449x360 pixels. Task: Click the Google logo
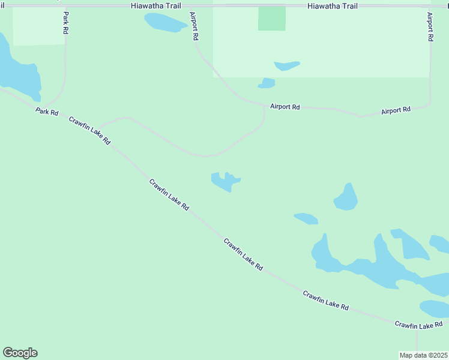pos(20,353)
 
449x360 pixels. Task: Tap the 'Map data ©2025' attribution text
pos(424,355)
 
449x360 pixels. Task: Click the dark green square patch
pos(272,19)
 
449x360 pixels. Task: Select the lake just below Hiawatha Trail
pos(166,22)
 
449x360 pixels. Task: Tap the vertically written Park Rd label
pos(65,23)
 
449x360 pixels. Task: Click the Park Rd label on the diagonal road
pos(47,112)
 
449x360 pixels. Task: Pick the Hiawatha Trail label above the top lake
pos(155,5)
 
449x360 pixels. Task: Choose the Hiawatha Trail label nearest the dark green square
pos(332,6)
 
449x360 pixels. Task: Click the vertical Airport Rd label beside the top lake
pos(194,26)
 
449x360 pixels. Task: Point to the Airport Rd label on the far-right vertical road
pos(430,26)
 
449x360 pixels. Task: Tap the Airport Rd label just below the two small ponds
pos(285,107)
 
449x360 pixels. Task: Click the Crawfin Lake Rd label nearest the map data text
pos(418,325)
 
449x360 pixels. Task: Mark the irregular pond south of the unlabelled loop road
pos(224,181)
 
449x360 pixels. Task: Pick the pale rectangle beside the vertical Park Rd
pos(38,26)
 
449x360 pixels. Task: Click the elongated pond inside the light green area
pos(286,65)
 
